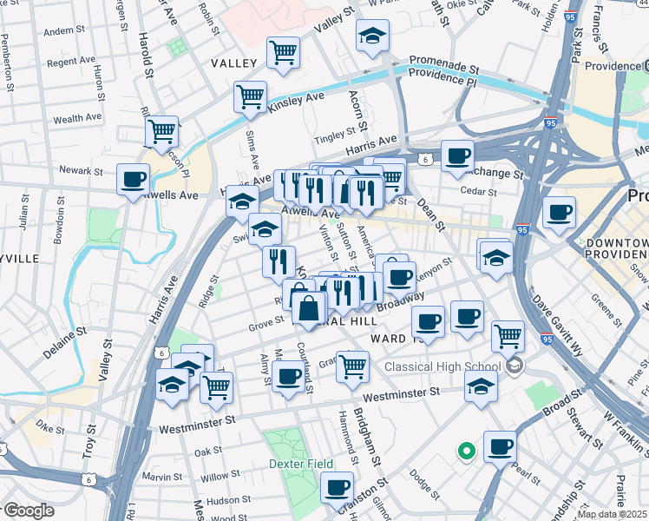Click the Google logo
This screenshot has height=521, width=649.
click(x=29, y=511)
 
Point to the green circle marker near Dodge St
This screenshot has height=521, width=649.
click(x=466, y=451)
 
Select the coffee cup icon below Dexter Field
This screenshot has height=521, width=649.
click(x=337, y=488)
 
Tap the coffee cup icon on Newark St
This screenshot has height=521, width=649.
click(x=133, y=180)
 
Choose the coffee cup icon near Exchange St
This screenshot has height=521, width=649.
click(x=457, y=157)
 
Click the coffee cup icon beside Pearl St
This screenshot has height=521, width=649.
click(x=500, y=448)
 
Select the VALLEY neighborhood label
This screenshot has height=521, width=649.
click(x=233, y=63)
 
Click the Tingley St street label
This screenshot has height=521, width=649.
click(x=331, y=136)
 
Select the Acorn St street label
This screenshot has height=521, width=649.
click(x=354, y=113)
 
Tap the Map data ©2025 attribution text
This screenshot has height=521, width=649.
click(x=613, y=514)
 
